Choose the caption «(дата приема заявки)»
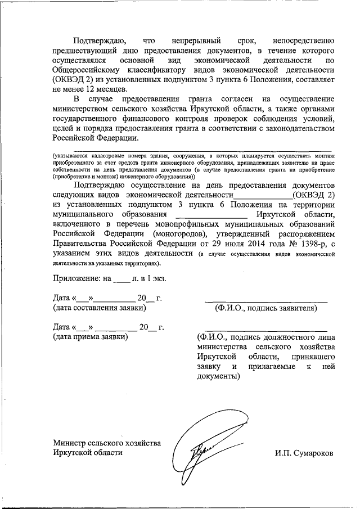[90, 336]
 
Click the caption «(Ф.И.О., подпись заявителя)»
[265, 308]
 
